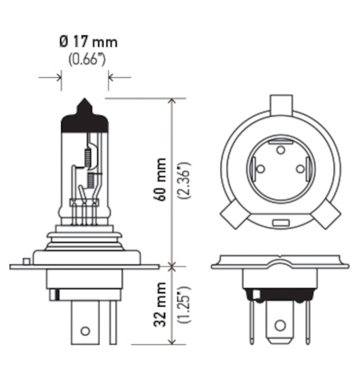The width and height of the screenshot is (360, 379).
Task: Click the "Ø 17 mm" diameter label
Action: [88, 43]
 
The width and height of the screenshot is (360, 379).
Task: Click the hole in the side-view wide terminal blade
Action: [85, 331]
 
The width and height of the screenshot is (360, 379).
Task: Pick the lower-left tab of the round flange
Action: [233, 215]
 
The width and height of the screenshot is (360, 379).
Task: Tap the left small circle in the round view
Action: [260, 169]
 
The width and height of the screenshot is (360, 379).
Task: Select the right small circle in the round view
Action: [300, 169]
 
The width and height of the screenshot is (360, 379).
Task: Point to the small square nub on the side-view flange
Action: [26, 261]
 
